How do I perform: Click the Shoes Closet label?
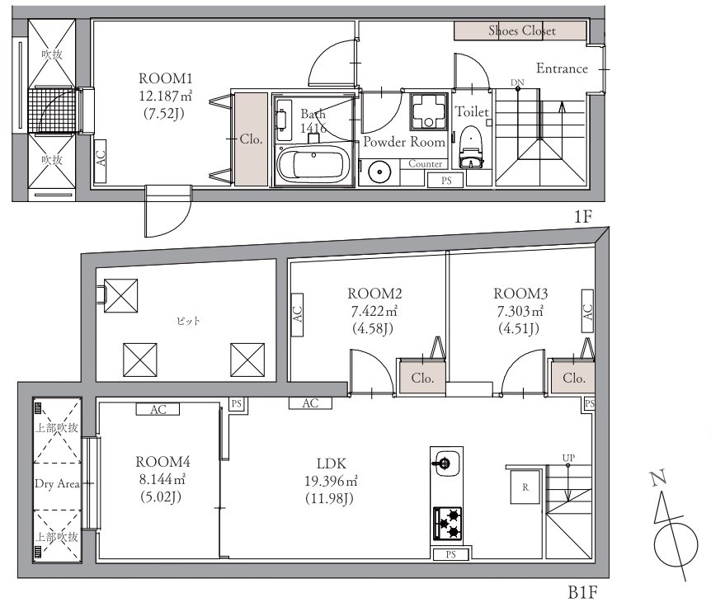pos(522,31)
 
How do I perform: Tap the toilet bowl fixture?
pos(471,147)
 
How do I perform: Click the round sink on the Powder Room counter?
pos(379,172)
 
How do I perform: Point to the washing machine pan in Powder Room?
pos(429,111)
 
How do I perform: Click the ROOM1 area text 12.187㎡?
pos(166,96)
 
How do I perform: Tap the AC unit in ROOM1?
pos(100,161)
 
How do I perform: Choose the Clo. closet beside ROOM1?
pos(251,139)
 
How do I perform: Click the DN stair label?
pos(517,82)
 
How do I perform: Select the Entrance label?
pos(562,68)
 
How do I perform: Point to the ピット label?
pos(188,322)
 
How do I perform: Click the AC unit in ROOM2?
pos(297,314)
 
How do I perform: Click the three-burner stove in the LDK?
pos(448,523)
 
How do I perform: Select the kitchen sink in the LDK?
pos(445,463)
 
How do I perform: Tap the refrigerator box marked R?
pos(525,487)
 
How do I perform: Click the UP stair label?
pos(568,458)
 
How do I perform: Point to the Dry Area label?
pos(57,483)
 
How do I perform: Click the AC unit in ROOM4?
pos(158,409)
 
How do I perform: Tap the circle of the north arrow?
pos(676,544)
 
